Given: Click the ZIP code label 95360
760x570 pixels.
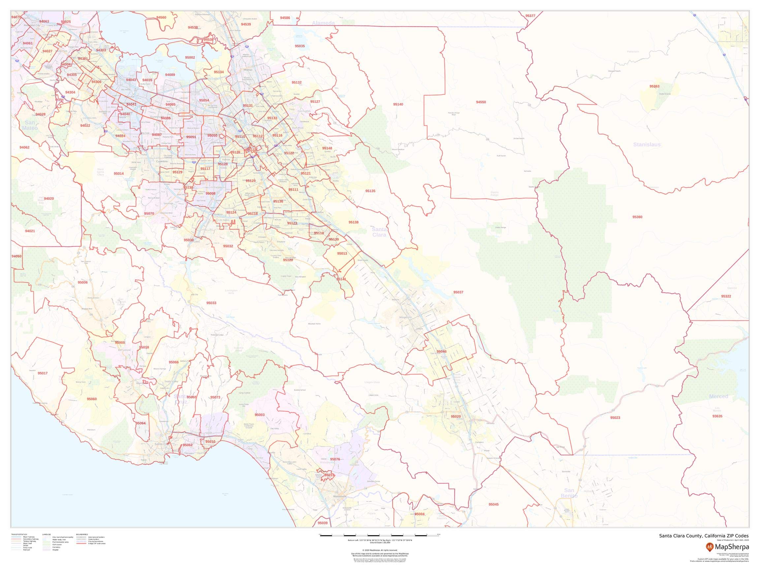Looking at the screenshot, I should click(637, 217).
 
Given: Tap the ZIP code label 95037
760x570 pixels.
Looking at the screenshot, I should click(458, 292).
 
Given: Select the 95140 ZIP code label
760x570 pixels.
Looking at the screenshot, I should click(398, 105).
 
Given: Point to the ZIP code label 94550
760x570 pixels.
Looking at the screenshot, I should click(481, 102).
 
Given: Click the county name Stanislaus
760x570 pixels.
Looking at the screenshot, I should click(647, 145).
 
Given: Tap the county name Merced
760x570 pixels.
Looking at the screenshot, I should click(718, 396).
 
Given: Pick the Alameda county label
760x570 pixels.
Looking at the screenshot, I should click(323, 23).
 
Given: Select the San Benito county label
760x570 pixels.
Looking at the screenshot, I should click(569, 493).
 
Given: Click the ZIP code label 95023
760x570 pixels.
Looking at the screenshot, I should click(615, 418).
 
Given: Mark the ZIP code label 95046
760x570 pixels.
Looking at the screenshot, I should click(441, 352).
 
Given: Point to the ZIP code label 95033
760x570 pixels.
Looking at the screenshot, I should click(211, 303).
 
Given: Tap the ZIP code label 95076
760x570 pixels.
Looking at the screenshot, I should click(335, 459).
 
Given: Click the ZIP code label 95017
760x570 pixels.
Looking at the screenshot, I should click(43, 373).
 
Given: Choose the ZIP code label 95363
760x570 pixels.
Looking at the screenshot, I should click(654, 86).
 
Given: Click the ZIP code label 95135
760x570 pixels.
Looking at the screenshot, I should click(370, 191).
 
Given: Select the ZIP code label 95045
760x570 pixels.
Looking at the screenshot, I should click(493, 504).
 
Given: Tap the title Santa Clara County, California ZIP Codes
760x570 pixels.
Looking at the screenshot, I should click(703, 536).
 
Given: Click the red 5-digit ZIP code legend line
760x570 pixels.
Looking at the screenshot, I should click(82, 544).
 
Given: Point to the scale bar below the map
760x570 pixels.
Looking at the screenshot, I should click(379, 536).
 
